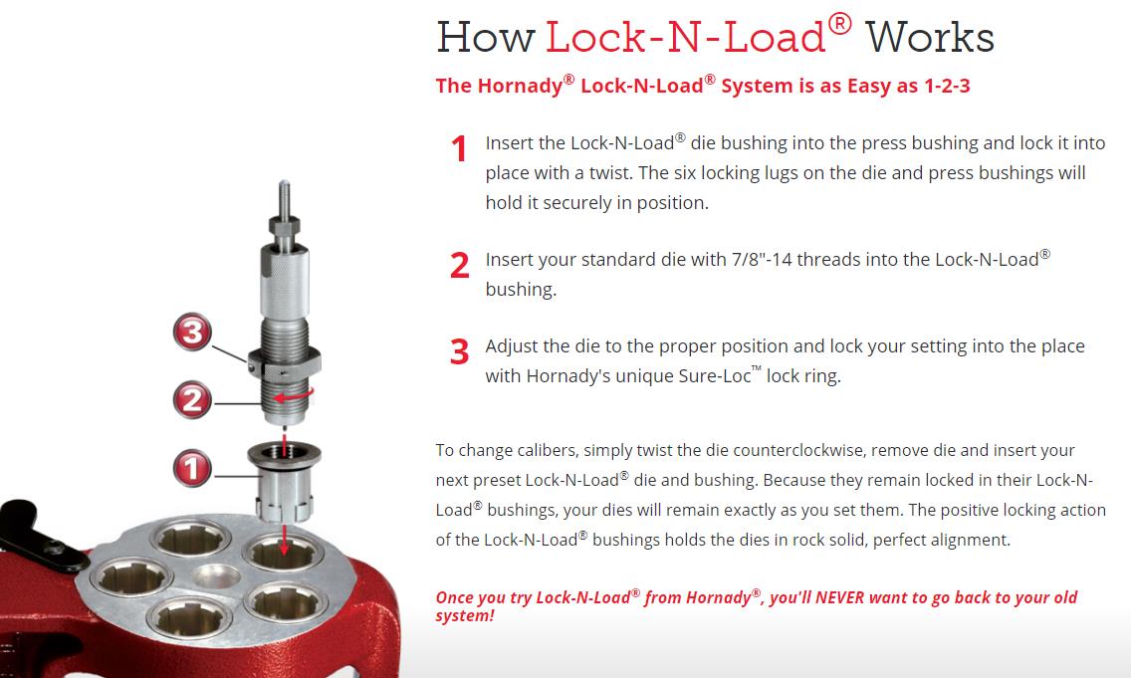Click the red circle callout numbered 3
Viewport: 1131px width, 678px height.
coord(192,332)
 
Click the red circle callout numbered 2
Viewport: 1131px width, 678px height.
coord(192,399)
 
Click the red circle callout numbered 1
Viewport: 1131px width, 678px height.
coord(192,467)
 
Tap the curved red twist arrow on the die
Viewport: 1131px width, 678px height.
coord(295,395)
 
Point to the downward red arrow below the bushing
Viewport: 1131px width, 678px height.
coord(284,540)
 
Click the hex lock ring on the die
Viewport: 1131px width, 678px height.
coord(284,364)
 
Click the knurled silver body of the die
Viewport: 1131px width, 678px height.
coord(284,282)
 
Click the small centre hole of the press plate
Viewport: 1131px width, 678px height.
coord(216,577)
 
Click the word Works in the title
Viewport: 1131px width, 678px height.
coord(930,38)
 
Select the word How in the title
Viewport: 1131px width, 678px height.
coord(486,38)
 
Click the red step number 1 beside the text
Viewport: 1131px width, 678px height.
coord(460,148)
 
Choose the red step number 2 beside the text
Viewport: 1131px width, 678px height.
coord(460,266)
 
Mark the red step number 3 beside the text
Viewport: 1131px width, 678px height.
coord(460,352)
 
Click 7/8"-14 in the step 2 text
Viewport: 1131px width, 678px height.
coord(762,260)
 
